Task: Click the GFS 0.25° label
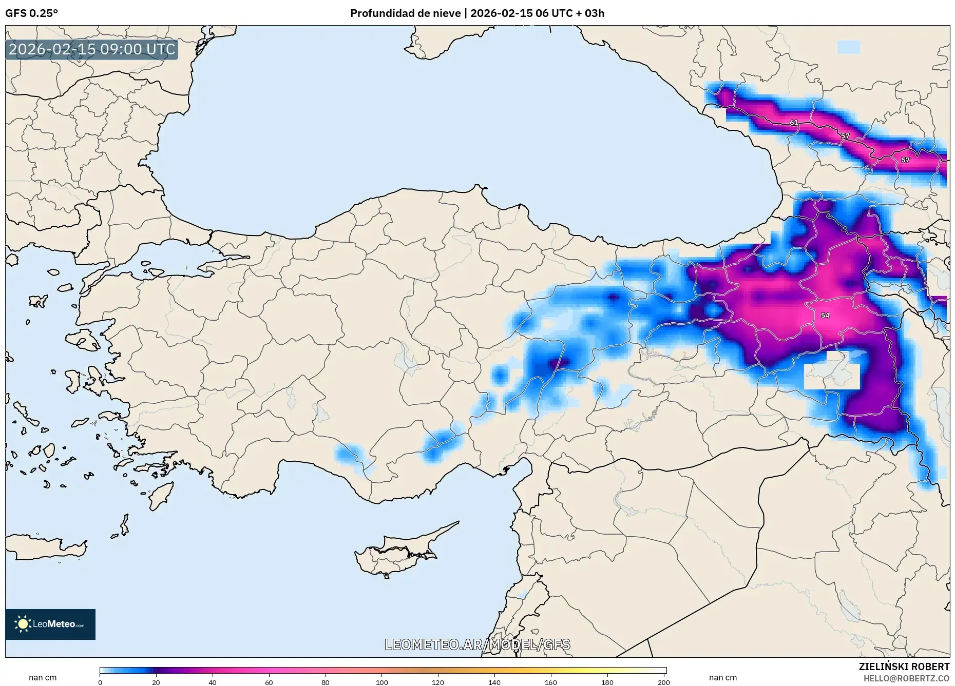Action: pyautogui.click(x=31, y=13)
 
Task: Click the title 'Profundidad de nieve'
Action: pyautogui.click(x=405, y=13)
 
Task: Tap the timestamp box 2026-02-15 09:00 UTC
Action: pyautogui.click(x=92, y=49)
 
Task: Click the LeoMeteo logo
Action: pyautogui.click(x=50, y=624)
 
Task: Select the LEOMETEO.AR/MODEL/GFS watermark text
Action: pyautogui.click(x=477, y=644)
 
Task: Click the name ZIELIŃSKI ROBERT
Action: pyautogui.click(x=904, y=667)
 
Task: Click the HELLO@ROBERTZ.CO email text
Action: pyautogui.click(x=906, y=678)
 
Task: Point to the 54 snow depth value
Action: pyautogui.click(x=825, y=316)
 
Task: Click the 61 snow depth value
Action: pyautogui.click(x=794, y=123)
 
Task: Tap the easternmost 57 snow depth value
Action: pyautogui.click(x=905, y=160)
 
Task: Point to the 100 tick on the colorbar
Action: pyautogui.click(x=381, y=682)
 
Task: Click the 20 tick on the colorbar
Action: pyautogui.click(x=156, y=682)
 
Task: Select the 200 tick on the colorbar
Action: pyautogui.click(x=663, y=682)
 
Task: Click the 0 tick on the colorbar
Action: pyautogui.click(x=100, y=682)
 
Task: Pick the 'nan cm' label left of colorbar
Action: pyautogui.click(x=43, y=678)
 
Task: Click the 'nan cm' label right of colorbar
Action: pyautogui.click(x=722, y=678)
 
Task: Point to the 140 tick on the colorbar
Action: pyautogui.click(x=494, y=682)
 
